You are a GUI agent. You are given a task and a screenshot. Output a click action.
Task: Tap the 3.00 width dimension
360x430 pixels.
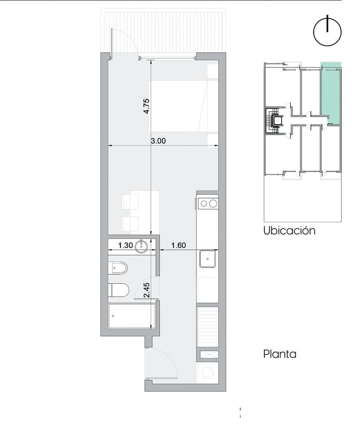click(x=158, y=141)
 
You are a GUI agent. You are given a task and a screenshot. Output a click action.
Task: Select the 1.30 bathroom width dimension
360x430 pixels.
click(x=126, y=245)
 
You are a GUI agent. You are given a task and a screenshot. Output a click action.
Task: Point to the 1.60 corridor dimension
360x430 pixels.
click(x=179, y=245)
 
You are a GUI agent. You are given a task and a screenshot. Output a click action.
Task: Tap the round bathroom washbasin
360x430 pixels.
click(x=141, y=246)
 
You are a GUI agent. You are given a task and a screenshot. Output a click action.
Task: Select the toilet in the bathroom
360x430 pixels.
click(x=119, y=290)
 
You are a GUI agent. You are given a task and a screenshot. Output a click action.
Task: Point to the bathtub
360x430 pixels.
click(x=130, y=316)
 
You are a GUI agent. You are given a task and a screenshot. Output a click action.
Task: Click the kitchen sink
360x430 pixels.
click(x=207, y=258)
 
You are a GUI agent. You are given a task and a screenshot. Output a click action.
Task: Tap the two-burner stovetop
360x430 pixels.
click(x=208, y=203)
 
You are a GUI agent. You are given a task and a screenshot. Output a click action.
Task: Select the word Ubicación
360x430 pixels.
click(x=290, y=231)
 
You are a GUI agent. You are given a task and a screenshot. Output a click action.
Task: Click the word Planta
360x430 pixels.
click(x=280, y=354)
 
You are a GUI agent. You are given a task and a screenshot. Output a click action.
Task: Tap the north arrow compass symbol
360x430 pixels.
click(x=327, y=32)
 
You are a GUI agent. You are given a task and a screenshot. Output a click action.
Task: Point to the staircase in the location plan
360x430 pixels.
click(x=272, y=121)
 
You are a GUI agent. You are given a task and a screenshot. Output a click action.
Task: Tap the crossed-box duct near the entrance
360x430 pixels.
click(x=208, y=354)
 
